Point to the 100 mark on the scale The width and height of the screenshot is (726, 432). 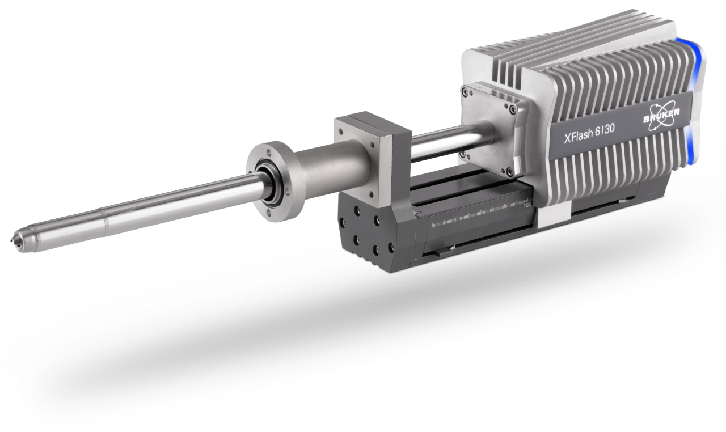click(x=527, y=205)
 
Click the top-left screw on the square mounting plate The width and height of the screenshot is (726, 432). click(x=468, y=90)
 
